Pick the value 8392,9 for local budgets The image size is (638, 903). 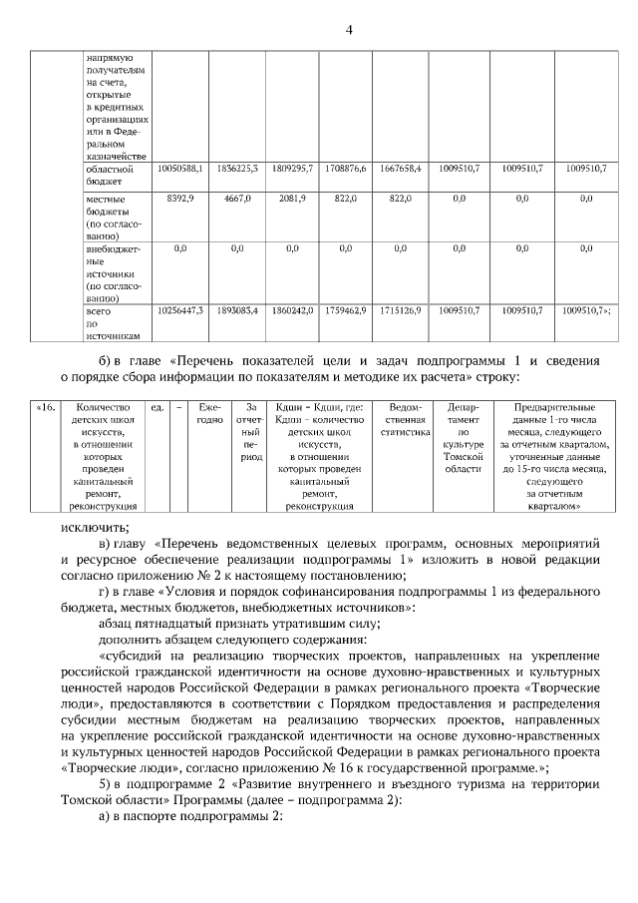pyautogui.click(x=180, y=200)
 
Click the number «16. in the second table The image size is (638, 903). pyautogui.click(x=46, y=408)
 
